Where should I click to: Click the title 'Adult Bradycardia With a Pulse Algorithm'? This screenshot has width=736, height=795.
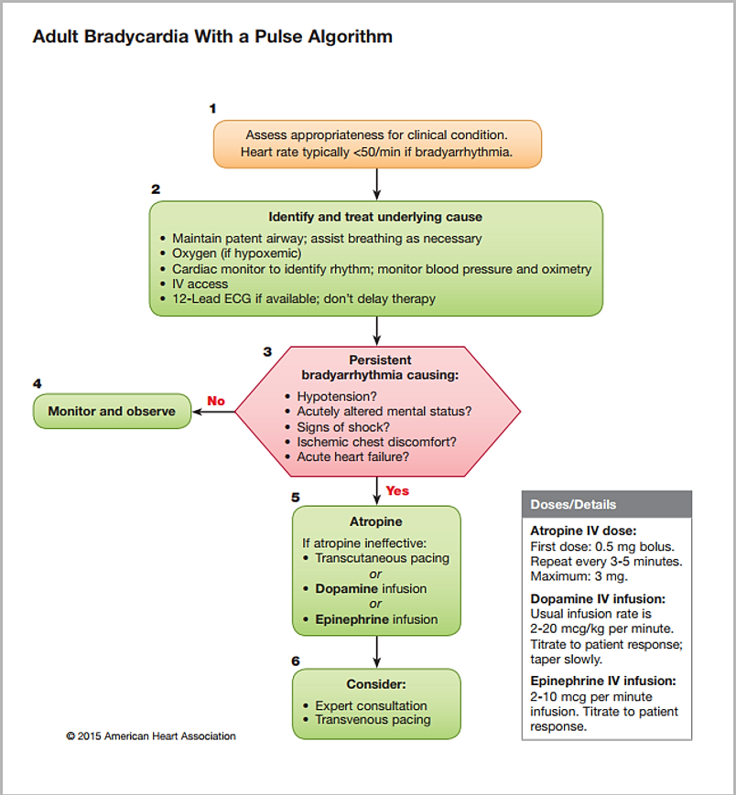pyautogui.click(x=212, y=38)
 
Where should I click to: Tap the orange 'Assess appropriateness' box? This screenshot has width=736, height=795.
pyautogui.click(x=377, y=144)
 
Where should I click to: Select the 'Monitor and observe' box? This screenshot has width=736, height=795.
pyautogui.click(x=112, y=411)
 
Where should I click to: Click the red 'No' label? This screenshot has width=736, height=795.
pyautogui.click(x=216, y=401)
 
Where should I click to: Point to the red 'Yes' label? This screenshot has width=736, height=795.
pyautogui.click(x=397, y=490)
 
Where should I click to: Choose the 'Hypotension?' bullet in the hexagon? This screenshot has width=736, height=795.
pyautogui.click(x=337, y=396)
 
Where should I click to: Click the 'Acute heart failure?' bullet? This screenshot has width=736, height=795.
pyautogui.click(x=352, y=457)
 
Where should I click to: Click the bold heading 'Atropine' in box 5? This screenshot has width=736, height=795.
pyautogui.click(x=376, y=522)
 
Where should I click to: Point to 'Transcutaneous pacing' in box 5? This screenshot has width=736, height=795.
pyautogui.click(x=382, y=558)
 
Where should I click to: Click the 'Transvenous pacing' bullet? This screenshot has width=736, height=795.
pyautogui.click(x=371, y=720)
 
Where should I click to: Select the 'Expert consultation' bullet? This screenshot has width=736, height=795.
pyautogui.click(x=371, y=705)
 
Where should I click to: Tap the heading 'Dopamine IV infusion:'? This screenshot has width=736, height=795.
pyautogui.click(x=598, y=598)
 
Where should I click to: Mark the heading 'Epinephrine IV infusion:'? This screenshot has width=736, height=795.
pyautogui.click(x=604, y=681)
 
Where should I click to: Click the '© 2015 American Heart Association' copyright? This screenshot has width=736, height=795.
pyautogui.click(x=151, y=736)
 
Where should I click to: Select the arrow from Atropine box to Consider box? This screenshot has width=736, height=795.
pyautogui.click(x=377, y=651)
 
